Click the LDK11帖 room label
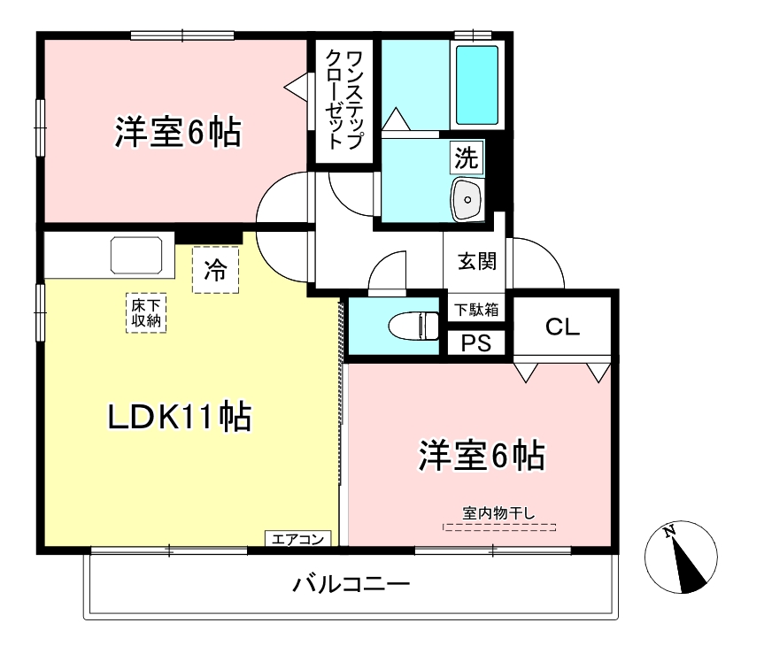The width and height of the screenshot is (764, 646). tap(180, 417)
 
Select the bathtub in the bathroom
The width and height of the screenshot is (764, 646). tap(477, 85)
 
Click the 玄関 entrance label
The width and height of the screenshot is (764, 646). tap(476, 261)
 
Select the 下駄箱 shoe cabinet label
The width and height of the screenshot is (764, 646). tap(477, 310)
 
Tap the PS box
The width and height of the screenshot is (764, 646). tap(476, 343)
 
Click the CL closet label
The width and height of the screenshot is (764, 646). tap(562, 327)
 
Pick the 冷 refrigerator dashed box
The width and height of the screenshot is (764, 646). tap(216, 269)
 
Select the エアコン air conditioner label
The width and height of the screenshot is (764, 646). tap(299, 538)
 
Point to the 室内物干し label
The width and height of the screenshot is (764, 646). tap(499, 512)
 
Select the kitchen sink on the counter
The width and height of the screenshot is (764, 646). tap(136, 256)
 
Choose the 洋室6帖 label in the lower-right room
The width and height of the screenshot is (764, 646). tap(481, 456)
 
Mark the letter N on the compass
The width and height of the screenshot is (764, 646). tap(670, 532)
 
